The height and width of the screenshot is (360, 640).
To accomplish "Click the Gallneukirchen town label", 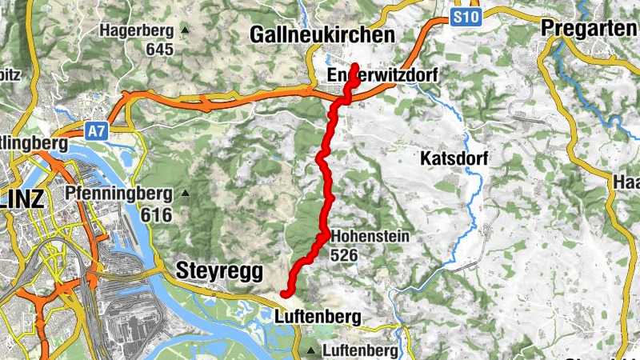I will [322, 35].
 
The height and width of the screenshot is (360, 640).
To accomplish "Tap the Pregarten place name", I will [590, 27].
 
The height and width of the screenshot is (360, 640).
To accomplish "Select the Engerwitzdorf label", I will [384, 75].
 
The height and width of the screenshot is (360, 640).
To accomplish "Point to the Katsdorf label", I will [454, 158].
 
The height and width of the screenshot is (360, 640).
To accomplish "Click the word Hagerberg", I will [137, 31].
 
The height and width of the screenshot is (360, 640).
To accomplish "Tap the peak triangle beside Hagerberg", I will [186, 31].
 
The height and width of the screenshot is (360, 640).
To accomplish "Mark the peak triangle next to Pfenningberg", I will [186, 194].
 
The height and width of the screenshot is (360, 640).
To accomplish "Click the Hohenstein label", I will [370, 237].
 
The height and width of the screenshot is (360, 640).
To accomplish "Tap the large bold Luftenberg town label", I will [312, 316].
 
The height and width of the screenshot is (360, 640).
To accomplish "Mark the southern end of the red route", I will [285, 295].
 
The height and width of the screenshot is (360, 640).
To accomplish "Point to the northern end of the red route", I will [354, 65].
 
